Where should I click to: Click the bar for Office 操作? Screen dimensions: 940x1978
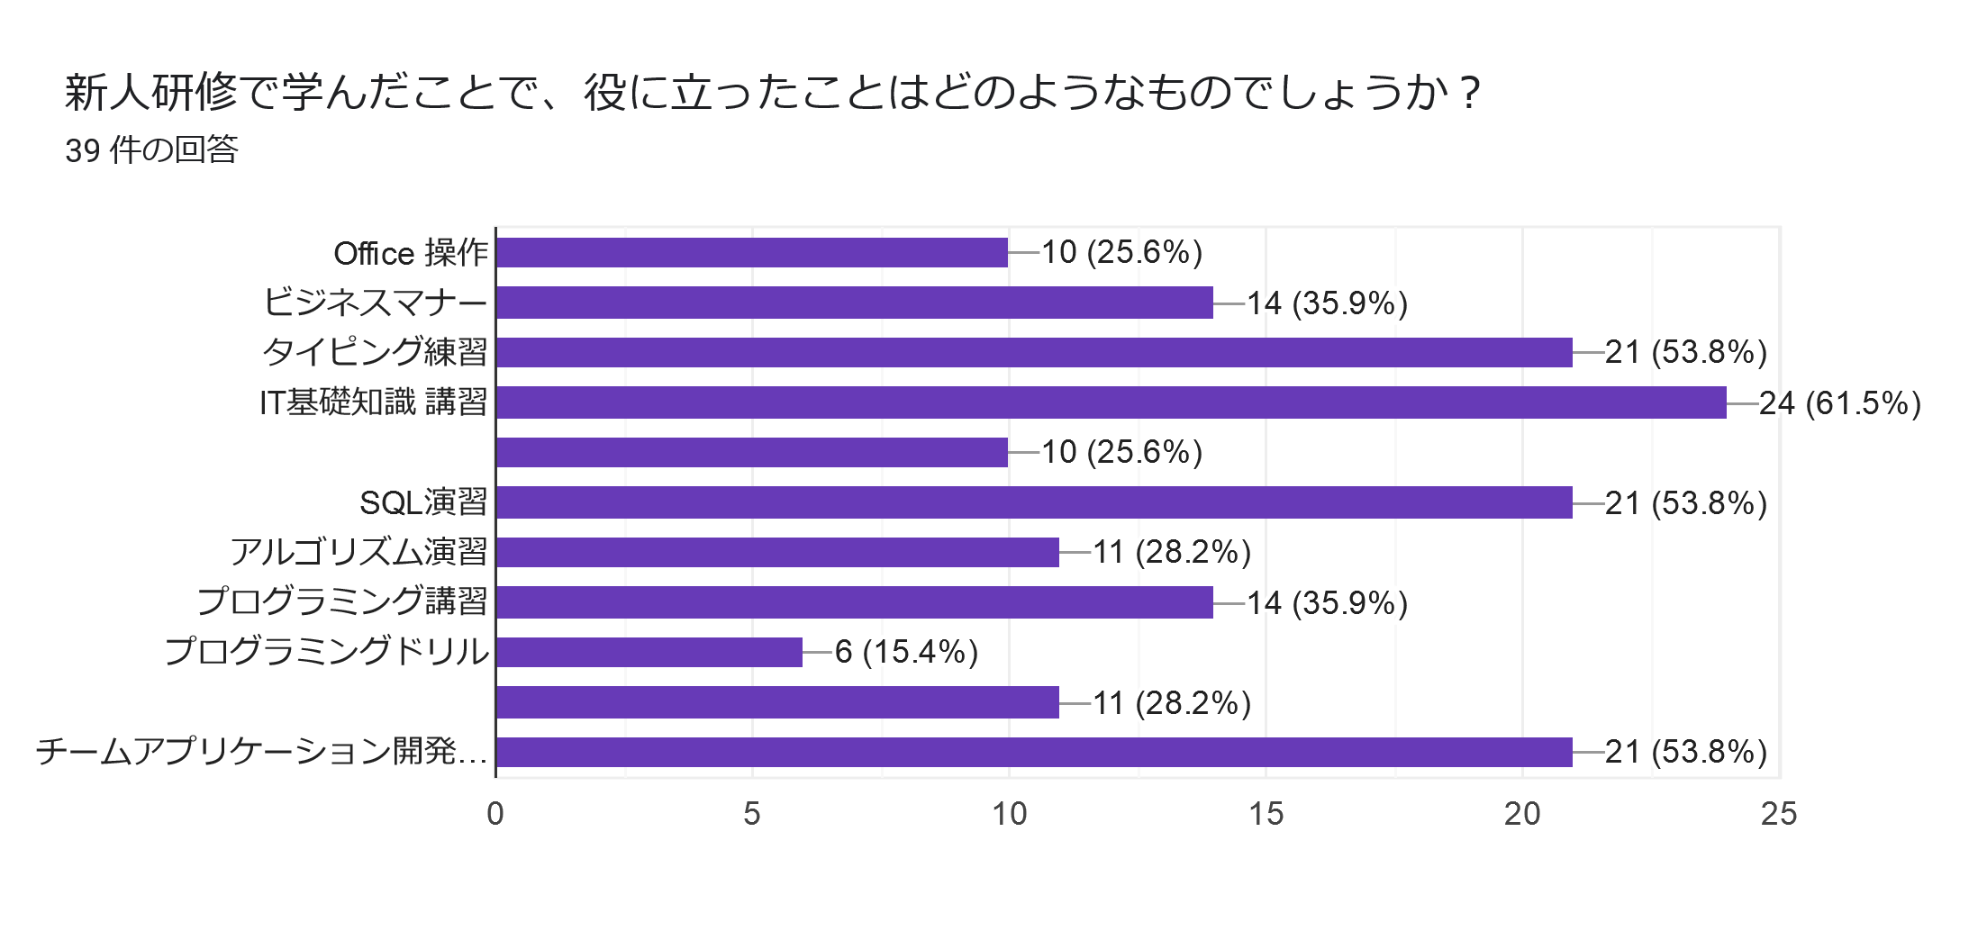(752, 253)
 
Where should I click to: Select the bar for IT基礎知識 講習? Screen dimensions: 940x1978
(1111, 402)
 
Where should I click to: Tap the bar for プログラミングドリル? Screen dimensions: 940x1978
(649, 652)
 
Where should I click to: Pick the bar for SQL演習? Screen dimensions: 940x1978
(1034, 502)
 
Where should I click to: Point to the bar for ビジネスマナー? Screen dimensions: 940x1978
(854, 303)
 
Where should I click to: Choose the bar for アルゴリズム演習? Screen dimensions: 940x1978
(777, 552)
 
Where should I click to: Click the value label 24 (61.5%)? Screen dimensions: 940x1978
(1839, 403)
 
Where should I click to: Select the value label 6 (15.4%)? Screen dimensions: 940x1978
(906, 652)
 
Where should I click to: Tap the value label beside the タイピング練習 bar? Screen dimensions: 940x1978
(1685, 352)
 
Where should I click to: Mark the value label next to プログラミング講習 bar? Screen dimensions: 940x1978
(1327, 602)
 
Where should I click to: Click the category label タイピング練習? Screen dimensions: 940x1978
(375, 352)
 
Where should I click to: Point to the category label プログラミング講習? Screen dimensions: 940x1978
(342, 601)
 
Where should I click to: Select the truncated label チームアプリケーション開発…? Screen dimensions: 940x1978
(262, 751)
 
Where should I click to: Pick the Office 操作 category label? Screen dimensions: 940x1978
(411, 254)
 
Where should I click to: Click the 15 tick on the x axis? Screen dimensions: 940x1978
(1266, 814)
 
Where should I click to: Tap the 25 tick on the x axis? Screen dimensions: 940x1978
(1779, 814)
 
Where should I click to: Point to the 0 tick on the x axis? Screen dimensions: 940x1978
(495, 814)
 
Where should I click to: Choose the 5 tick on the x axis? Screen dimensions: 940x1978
(752, 814)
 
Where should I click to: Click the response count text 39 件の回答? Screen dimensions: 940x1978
(151, 149)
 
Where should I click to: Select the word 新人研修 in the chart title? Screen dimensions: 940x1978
(150, 93)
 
